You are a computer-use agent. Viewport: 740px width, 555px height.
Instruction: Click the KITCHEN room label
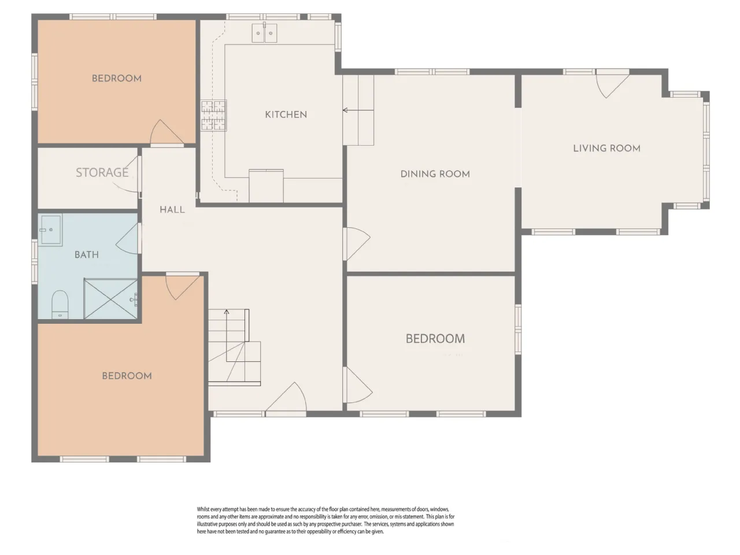tap(286, 114)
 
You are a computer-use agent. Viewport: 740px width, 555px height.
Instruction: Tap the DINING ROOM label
tap(435, 174)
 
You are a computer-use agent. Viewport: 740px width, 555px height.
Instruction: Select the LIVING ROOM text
tap(606, 148)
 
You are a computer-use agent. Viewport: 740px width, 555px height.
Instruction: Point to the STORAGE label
tap(102, 172)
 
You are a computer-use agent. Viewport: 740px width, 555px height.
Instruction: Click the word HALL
tap(172, 210)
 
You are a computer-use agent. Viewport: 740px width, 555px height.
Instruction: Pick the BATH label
tap(87, 254)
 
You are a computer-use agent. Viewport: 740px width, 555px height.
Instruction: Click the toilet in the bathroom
tap(60, 304)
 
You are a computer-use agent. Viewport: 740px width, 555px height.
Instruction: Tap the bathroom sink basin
tap(51, 230)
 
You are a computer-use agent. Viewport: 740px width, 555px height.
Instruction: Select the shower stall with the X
tap(110, 298)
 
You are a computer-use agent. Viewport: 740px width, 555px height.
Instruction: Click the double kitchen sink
tap(264, 33)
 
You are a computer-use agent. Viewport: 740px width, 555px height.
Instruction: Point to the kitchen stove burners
tap(214, 115)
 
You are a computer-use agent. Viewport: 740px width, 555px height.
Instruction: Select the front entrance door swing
tap(287, 397)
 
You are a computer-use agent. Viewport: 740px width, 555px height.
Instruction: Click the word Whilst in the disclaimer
tap(203, 509)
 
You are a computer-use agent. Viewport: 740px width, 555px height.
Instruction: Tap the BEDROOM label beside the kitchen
tap(117, 79)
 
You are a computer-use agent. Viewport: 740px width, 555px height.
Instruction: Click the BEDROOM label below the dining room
tap(435, 339)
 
